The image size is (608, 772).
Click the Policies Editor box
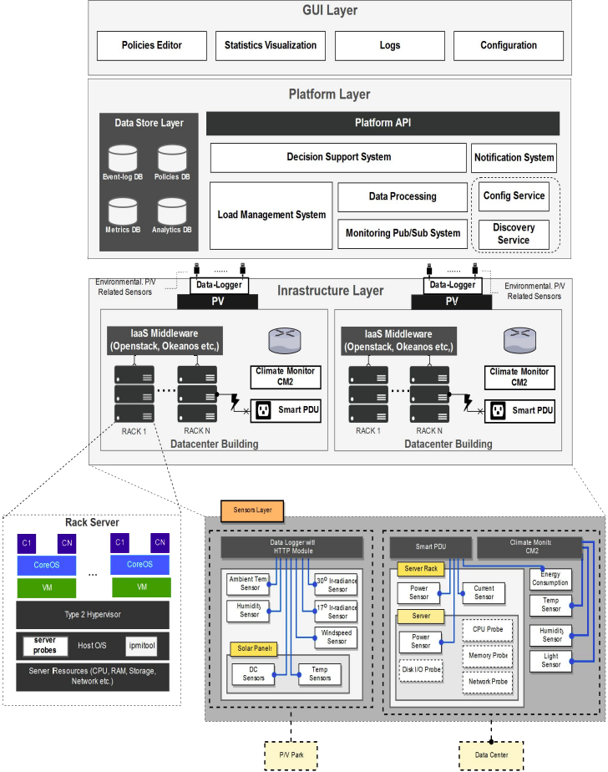[x=151, y=45]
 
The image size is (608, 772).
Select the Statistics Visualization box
[x=270, y=45]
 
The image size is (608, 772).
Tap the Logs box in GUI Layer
[x=389, y=45]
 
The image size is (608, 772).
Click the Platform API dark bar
[x=383, y=123]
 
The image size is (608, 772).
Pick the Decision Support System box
[x=338, y=157]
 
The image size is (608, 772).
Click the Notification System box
[x=514, y=157]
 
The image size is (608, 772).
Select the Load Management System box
[x=271, y=215]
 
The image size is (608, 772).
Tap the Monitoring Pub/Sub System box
[x=403, y=233]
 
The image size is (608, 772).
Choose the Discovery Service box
[x=514, y=234]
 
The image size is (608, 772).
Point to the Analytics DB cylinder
[x=171, y=212]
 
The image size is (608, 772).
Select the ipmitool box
[x=141, y=645]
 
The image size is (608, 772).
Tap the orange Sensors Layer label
[x=252, y=508]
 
